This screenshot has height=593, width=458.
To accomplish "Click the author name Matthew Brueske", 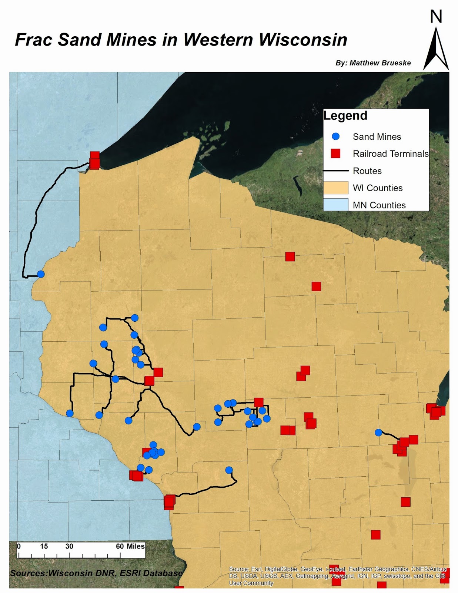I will coord(380,63).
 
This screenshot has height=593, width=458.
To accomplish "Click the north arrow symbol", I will coord(436,50).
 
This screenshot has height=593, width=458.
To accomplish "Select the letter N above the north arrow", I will coord(436,17).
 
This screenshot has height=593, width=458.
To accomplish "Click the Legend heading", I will coord(345,116).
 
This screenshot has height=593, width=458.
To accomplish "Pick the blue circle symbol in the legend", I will coord(335,136).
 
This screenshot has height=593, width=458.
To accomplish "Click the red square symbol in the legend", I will coord(335,153).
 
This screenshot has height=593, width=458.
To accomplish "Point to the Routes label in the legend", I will coord(367,171).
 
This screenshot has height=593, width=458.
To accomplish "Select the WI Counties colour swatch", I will coord(335,188).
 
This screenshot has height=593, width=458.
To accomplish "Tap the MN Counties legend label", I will coord(379,205).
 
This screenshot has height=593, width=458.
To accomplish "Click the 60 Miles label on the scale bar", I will coord(130,546).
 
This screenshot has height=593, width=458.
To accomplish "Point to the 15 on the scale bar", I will coord(44,546).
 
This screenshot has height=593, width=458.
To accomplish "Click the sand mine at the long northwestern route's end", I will coord(41,274).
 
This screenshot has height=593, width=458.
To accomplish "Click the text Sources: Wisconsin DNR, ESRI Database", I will coord(96,573).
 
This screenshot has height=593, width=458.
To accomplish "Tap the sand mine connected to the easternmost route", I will coord(378,433).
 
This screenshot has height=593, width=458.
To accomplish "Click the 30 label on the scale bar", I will coord(69,546).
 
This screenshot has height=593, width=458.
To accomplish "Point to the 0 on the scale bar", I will coord(19,546).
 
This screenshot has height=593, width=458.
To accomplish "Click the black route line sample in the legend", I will coord(335,171).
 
